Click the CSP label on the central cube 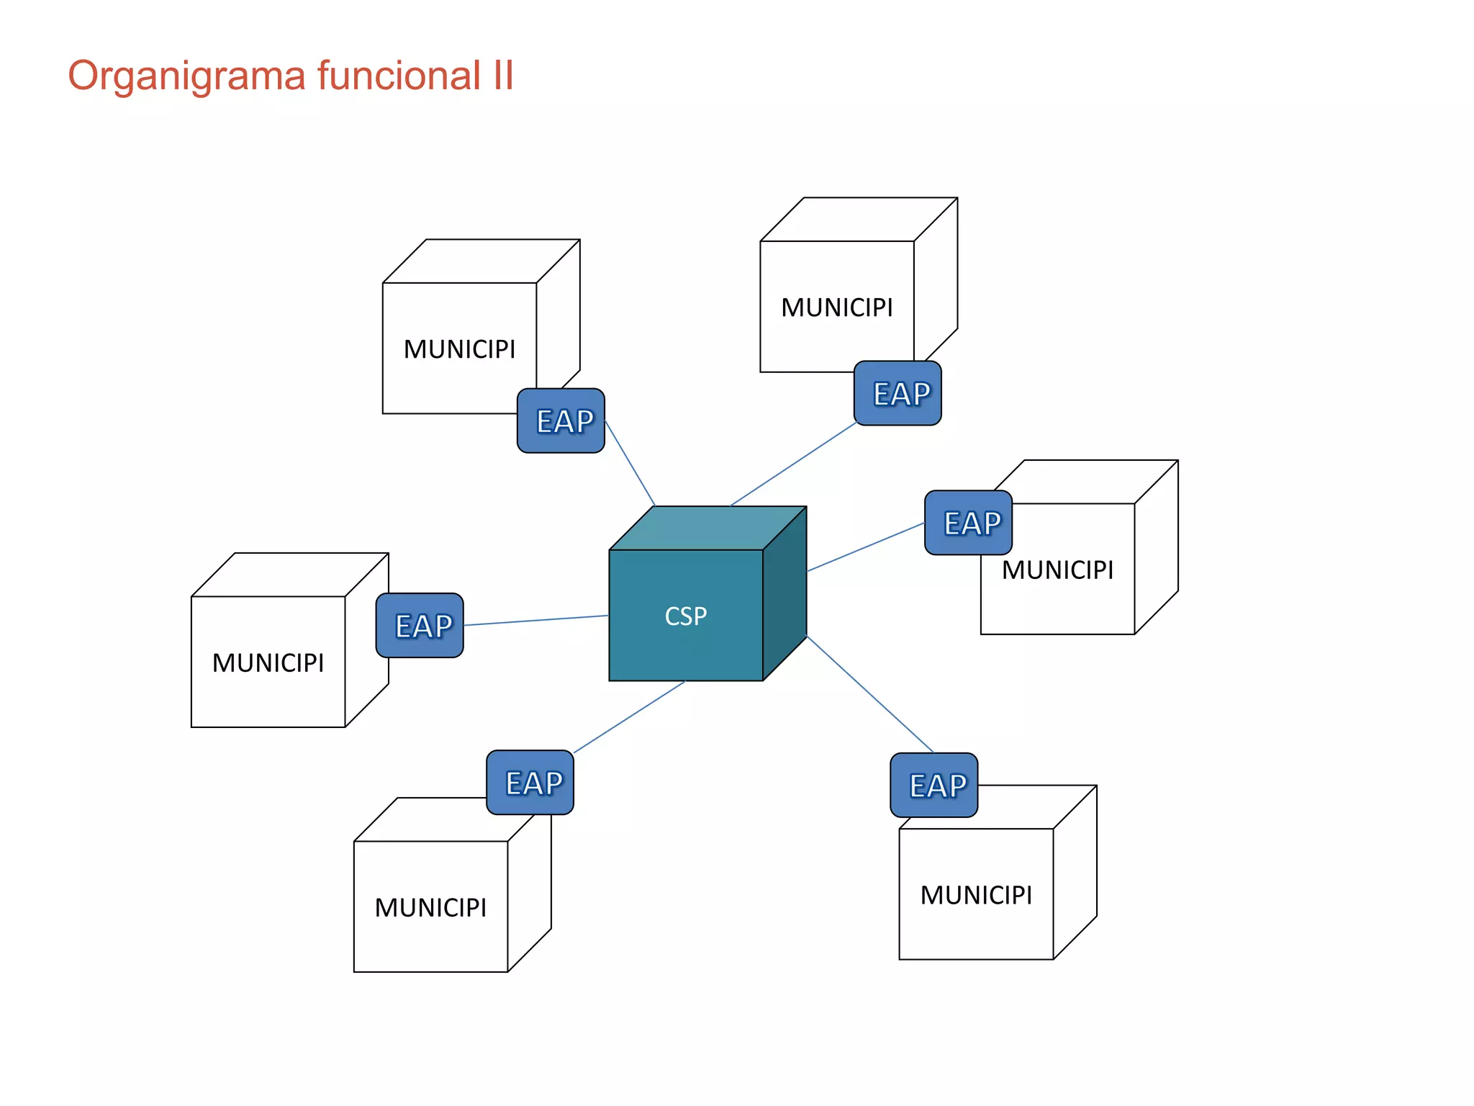(685, 616)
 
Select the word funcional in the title (399, 75)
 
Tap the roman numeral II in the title (503, 75)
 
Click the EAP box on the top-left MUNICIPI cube (561, 421)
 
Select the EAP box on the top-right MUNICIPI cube (897, 394)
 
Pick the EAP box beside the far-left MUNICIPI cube (420, 626)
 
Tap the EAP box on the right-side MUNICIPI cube (968, 523)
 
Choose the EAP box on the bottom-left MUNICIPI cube (530, 783)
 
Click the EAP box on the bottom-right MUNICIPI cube (933, 786)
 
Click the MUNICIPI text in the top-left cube (459, 349)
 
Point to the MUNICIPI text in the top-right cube (836, 307)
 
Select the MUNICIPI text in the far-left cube (268, 662)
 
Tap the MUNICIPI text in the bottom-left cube (430, 907)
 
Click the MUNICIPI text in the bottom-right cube (976, 895)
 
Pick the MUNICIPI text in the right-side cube (1057, 570)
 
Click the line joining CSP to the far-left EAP (536, 621)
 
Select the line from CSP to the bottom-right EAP (869, 694)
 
